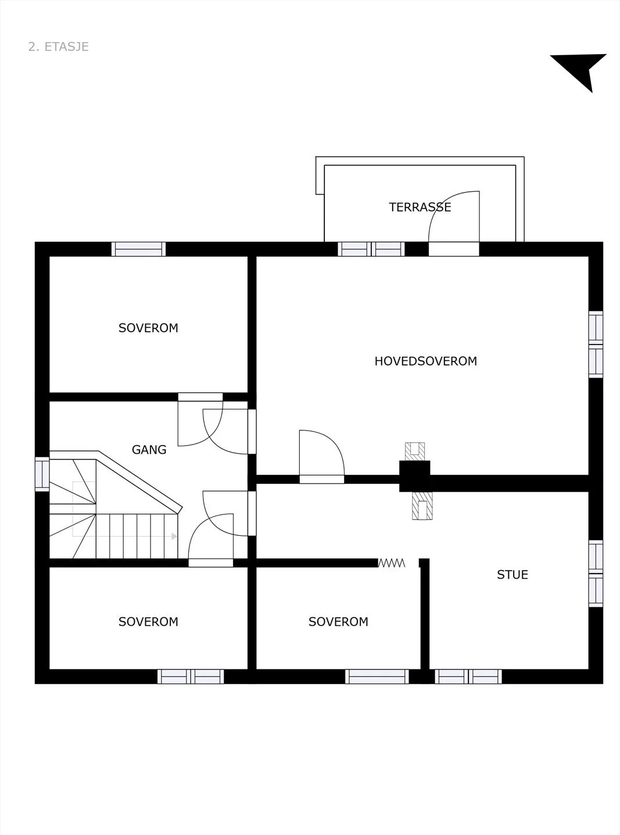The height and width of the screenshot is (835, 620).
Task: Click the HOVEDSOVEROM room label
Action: click(x=426, y=361)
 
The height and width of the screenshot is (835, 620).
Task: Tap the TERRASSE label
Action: click(x=420, y=207)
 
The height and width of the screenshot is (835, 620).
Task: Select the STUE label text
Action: click(x=513, y=575)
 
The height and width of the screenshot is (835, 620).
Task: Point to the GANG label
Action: click(x=149, y=450)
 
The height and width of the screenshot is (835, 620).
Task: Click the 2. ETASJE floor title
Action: click(x=58, y=46)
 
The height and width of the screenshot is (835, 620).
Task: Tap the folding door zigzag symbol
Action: click(x=392, y=563)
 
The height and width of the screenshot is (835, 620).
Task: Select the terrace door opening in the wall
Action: click(x=454, y=249)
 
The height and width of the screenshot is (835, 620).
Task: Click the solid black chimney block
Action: click(x=414, y=476)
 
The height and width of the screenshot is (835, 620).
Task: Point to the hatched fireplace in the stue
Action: click(x=422, y=506)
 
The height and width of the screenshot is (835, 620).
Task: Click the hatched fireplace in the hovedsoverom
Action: click(x=415, y=451)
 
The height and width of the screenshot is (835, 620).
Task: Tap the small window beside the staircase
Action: click(x=42, y=474)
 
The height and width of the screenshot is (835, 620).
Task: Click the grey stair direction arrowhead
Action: click(x=174, y=536)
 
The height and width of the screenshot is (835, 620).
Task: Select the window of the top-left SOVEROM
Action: click(x=138, y=249)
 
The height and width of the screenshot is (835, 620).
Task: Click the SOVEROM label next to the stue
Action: click(x=338, y=622)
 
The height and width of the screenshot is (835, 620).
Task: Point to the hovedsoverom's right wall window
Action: click(x=596, y=344)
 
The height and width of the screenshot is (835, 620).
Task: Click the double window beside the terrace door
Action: click(x=371, y=249)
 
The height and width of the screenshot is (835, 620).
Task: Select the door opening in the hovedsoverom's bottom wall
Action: click(x=321, y=479)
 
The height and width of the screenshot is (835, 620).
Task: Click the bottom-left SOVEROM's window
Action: click(x=191, y=676)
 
